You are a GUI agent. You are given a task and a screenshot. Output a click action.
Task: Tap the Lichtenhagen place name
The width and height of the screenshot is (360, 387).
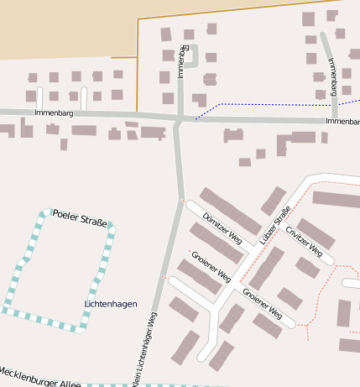[111, 303]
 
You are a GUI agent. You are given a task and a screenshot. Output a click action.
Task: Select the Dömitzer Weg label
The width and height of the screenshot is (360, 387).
[222, 228]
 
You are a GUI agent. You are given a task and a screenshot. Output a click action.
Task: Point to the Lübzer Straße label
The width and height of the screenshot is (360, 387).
[274, 225]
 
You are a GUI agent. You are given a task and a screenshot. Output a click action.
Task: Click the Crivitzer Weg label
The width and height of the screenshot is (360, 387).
[303, 240]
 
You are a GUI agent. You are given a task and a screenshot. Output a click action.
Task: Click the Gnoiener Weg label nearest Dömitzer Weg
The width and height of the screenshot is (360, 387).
[211, 265]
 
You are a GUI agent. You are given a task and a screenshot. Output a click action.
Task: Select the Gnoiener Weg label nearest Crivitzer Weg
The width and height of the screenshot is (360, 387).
[262, 303]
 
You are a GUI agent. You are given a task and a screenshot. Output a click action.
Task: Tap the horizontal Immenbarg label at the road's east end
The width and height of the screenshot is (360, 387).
[342, 122]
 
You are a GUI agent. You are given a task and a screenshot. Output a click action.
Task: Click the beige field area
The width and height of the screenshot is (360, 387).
[59, 25]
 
